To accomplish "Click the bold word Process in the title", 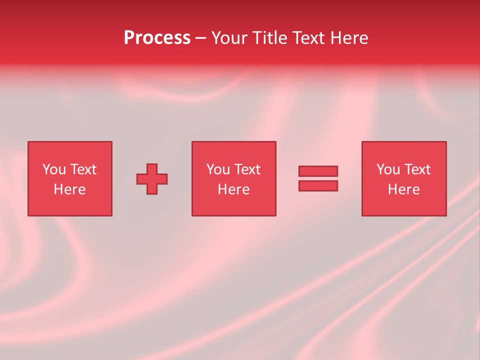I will click(x=157, y=38).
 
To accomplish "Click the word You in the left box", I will click(x=54, y=169).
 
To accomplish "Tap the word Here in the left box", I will click(x=69, y=189).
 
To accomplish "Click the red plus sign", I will click(x=152, y=179).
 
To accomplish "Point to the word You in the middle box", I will click(x=218, y=169).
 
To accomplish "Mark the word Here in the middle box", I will click(x=233, y=189).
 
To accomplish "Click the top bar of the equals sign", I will click(x=318, y=171).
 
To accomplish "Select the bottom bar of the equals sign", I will click(x=318, y=186).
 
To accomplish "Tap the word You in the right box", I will click(x=388, y=169).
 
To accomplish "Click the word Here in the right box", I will click(x=403, y=189).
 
